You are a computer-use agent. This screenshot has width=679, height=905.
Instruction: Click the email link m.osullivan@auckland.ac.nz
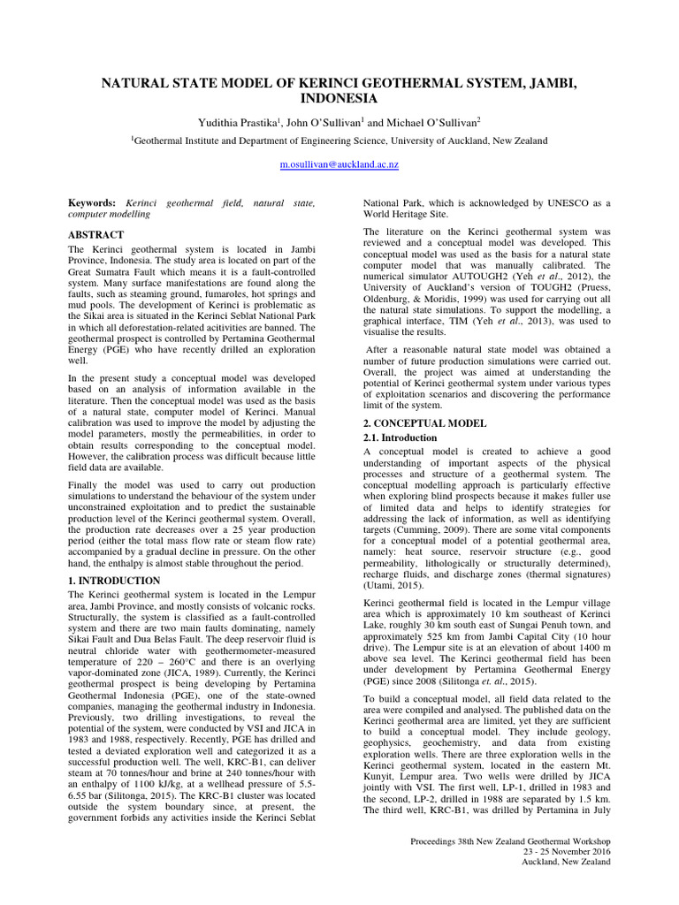coord(339,164)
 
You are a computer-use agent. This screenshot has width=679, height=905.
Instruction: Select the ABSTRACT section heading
coord(97,236)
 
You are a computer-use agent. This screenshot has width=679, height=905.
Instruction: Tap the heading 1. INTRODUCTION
coord(114,580)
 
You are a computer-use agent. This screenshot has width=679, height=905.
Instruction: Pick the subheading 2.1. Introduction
coord(401,437)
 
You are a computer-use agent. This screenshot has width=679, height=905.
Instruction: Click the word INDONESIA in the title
coord(339,98)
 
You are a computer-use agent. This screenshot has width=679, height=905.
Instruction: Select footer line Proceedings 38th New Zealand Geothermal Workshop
coord(510,865)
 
